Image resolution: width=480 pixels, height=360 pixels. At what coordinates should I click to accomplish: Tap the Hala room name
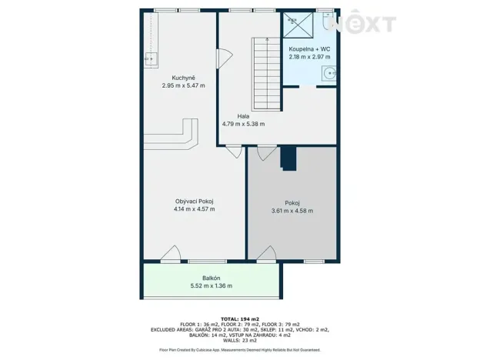(x=243, y=116)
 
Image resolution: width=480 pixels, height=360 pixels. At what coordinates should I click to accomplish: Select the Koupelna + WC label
(x=309, y=48)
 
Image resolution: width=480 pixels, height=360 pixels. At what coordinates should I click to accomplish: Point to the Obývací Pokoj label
(x=194, y=202)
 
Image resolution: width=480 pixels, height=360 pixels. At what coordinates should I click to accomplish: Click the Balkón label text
(x=211, y=278)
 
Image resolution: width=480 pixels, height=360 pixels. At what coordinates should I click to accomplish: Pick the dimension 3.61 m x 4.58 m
(x=292, y=211)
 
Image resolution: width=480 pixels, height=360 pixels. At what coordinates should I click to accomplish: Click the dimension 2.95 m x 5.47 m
(x=183, y=85)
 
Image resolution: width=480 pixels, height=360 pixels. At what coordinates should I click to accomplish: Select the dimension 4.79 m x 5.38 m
(x=243, y=124)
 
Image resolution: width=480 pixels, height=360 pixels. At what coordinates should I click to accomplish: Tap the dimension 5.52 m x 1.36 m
(x=211, y=285)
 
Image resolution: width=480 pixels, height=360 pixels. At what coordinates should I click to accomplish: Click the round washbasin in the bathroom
(x=330, y=74)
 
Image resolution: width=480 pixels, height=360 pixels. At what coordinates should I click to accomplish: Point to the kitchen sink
(x=149, y=58)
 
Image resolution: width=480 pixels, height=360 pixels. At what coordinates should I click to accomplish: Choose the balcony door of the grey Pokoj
(x=268, y=255)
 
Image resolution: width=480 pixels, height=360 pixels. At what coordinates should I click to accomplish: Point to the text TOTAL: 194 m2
(x=239, y=318)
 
